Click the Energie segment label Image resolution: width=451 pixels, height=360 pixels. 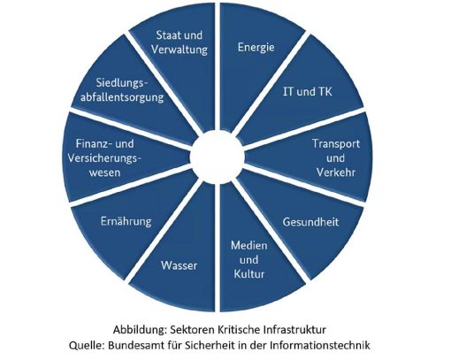(x=256, y=48)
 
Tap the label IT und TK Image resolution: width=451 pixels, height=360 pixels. (x=308, y=92)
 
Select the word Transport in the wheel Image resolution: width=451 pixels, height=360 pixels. (x=336, y=144)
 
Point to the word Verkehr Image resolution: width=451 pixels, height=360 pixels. (x=336, y=172)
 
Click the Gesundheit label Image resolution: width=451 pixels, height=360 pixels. (x=310, y=222)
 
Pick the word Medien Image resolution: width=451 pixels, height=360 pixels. (x=249, y=245)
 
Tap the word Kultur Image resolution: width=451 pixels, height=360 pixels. (x=249, y=274)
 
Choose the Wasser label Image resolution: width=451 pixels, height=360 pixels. (x=179, y=265)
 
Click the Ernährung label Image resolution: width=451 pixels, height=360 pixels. (x=126, y=221)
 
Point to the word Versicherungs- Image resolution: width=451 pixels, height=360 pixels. (x=104, y=158)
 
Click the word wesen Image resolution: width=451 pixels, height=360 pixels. (x=105, y=172)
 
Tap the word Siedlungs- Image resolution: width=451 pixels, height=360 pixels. (x=122, y=83)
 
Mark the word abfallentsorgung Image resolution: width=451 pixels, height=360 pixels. (x=122, y=97)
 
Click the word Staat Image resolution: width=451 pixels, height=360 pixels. (x=167, y=35)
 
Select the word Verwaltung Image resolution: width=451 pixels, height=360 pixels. (x=180, y=50)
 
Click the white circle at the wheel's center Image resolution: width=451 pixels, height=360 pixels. (x=218, y=157)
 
